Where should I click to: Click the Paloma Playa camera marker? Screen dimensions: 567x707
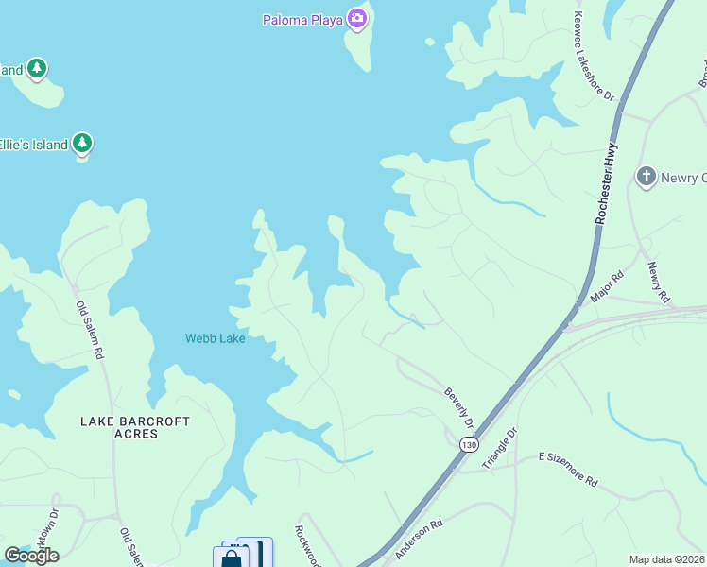tap(356, 18)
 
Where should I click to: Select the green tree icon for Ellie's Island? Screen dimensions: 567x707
tap(83, 144)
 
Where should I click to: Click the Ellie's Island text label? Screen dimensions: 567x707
tap(34, 145)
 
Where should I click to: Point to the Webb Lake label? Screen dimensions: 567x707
tap(215, 338)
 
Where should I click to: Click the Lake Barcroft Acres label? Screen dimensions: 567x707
tap(135, 427)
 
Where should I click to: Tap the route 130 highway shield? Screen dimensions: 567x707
tap(468, 443)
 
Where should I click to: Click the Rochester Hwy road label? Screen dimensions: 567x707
tap(606, 183)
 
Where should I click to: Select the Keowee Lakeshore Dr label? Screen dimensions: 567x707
tap(595, 58)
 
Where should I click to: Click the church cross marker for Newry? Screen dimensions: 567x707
tap(647, 177)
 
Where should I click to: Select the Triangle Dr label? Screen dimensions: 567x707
tap(501, 448)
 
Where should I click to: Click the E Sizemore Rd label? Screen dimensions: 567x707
tap(568, 469)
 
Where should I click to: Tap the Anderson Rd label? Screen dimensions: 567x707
tap(419, 538)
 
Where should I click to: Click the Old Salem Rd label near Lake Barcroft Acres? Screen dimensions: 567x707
tap(89, 330)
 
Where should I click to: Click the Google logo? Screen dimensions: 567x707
tap(31, 556)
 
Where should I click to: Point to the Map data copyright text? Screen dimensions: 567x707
tap(666, 559)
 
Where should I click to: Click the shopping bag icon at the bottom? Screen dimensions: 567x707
tap(231, 558)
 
